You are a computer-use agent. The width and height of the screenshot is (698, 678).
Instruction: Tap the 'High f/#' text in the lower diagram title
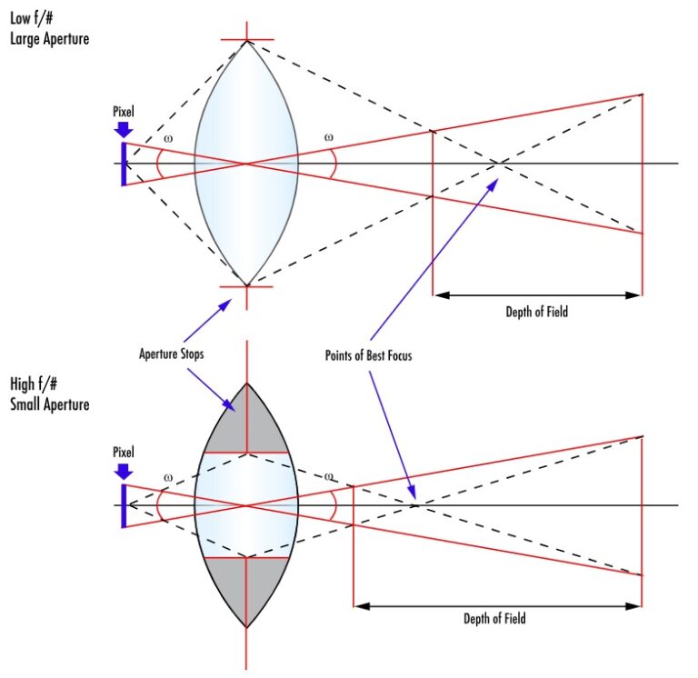[x=34, y=384]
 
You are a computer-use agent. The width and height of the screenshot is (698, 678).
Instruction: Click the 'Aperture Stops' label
[x=172, y=354]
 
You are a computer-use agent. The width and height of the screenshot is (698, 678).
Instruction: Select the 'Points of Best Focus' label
[x=368, y=355]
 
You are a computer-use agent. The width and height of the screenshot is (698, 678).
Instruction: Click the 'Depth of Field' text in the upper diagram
[x=536, y=312]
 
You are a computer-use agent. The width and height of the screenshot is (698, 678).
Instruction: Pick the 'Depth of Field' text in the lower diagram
[x=495, y=619]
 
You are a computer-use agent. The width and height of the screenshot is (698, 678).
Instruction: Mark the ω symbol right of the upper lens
[x=329, y=138]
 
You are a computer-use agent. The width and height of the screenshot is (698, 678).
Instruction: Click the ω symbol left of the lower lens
[x=166, y=477]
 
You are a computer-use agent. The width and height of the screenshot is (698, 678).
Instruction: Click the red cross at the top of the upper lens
[x=246, y=40]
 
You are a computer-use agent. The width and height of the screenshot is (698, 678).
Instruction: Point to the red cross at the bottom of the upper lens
[x=246, y=286]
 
